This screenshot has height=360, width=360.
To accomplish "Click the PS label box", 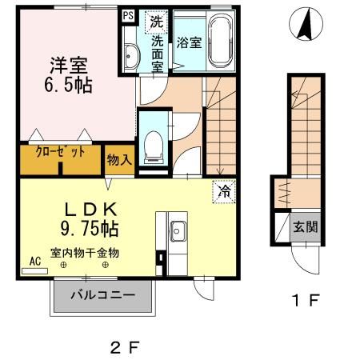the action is point(128,16).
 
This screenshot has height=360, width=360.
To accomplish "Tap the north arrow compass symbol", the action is point(306,24).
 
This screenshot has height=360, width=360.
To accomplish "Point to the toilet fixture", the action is point(154,147).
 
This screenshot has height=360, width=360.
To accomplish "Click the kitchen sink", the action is point(178,231).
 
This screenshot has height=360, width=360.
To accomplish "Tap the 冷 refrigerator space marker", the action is point(224,191).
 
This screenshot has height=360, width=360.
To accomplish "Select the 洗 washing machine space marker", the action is point(156,22).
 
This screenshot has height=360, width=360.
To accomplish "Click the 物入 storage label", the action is point(119,160).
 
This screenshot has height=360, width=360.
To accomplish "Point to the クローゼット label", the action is point(60,153).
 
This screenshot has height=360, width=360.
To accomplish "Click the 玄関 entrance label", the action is point(306,227).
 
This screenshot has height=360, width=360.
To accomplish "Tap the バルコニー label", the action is point(103,295).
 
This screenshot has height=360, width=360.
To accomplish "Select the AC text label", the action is point(35,261).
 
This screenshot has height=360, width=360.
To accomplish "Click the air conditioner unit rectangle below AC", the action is point(34,271).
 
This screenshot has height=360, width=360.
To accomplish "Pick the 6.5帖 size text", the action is point(68,86).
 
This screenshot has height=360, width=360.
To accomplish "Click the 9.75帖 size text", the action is point(90,229).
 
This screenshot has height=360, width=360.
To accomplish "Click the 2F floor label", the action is point(125,348).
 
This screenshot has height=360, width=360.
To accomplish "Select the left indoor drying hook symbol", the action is point(63,265).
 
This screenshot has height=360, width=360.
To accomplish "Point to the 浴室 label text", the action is point(189,43).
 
